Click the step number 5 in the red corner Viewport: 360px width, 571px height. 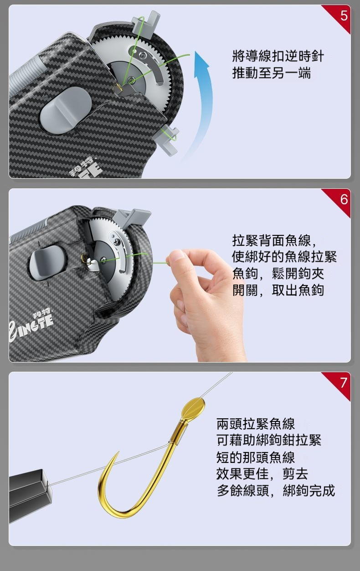(344, 16)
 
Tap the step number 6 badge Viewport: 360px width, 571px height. (344, 199)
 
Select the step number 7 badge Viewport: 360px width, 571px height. (344, 383)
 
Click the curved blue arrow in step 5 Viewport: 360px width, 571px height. (201, 102)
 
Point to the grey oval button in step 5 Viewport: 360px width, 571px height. (66, 110)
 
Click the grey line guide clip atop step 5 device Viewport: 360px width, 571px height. (146, 25)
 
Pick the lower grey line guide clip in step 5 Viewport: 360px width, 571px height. (167, 140)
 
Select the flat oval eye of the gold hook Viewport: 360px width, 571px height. (193, 407)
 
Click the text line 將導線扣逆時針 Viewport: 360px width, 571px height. (278, 56)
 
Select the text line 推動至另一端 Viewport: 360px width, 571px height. (271, 73)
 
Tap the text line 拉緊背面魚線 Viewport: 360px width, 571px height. (274, 240)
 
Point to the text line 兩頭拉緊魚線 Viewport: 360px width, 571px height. (256, 424)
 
